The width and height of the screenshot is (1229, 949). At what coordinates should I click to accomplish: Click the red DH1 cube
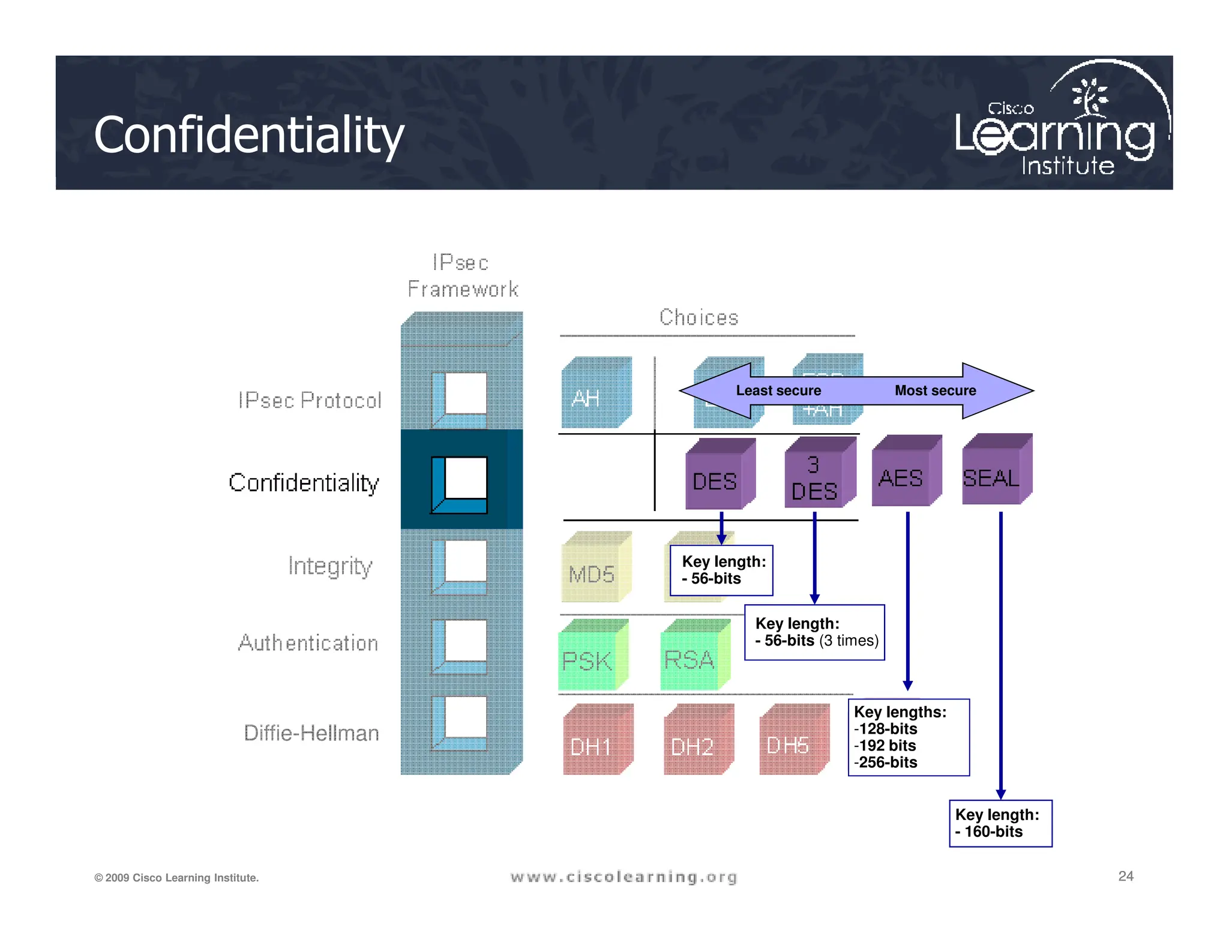595,743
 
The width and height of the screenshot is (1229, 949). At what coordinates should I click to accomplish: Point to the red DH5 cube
791,743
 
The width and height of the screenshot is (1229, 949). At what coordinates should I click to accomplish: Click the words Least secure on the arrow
778,391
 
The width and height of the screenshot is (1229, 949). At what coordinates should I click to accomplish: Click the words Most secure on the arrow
935,391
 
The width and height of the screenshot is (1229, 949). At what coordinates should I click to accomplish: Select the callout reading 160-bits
1000,823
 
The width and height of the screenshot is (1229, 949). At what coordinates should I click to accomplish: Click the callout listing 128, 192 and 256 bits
908,737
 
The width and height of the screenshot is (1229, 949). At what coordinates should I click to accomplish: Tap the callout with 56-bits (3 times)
814,632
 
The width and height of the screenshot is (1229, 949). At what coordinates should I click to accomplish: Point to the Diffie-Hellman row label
311,733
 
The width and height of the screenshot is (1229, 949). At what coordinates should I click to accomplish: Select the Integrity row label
330,566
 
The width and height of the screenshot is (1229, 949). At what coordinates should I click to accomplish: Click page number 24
1125,876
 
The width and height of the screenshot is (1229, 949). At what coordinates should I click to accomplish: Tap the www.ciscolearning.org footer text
624,877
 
